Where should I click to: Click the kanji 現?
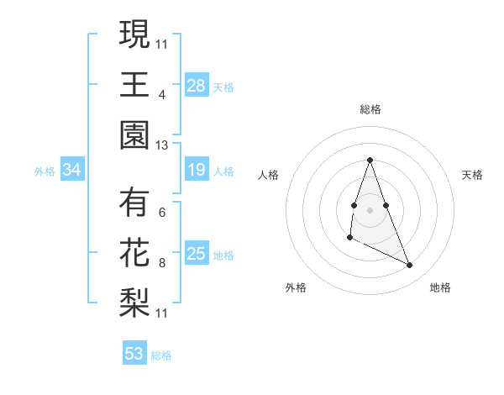134,34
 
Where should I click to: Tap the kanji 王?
134,85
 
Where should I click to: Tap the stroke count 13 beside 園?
162,145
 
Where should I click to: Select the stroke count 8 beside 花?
162,264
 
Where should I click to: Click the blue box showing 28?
197,85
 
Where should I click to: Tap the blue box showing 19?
197,171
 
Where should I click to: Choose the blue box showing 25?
197,254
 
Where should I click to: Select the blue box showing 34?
72,171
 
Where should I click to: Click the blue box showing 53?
134,354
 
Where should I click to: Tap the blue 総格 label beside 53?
161,355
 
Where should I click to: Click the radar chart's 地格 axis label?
440,287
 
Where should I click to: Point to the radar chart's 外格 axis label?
296,287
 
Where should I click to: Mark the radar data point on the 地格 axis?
410,266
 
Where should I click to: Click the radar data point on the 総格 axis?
370,160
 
